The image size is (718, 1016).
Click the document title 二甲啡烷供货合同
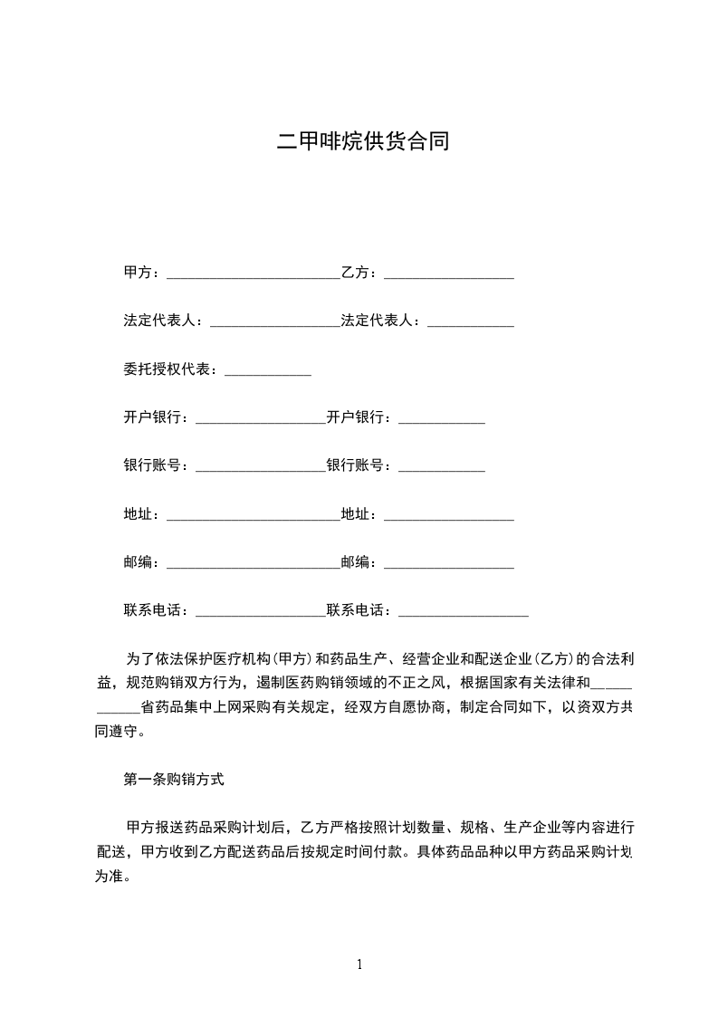362,142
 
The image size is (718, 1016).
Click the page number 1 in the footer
359,964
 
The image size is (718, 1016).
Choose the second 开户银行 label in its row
358,417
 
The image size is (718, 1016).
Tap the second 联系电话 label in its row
358,610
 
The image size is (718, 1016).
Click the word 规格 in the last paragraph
474,828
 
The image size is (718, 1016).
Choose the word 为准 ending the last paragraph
110,877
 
